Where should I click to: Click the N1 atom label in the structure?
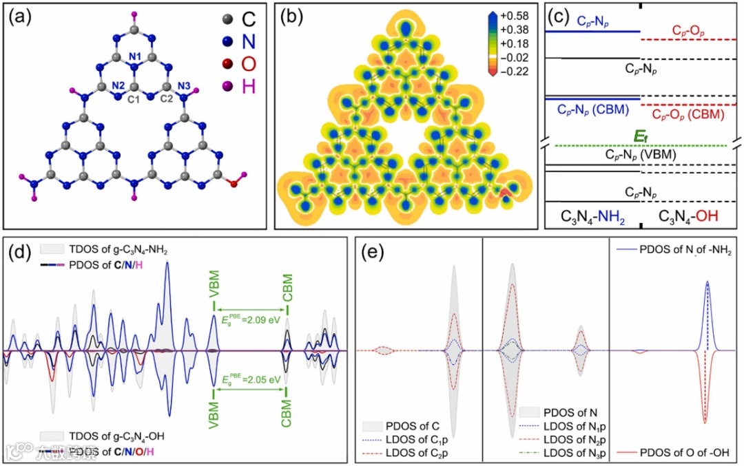[135, 56]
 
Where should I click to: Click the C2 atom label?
[166, 98]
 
